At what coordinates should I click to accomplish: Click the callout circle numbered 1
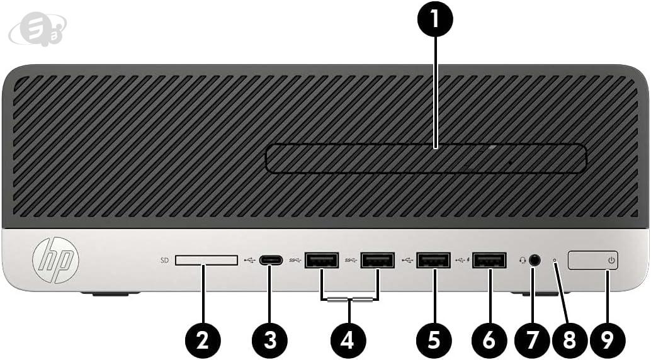click(434, 19)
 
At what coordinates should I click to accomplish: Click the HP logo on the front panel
click(55, 261)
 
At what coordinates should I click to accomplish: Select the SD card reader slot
click(207, 261)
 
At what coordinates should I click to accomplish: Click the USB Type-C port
click(271, 261)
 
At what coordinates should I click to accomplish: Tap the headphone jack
click(536, 261)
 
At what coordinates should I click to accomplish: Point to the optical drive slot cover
click(426, 158)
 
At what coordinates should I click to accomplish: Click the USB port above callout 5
click(434, 261)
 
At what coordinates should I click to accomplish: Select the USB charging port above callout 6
click(489, 261)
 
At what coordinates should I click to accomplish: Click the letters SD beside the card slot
click(164, 261)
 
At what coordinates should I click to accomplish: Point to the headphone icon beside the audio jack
click(523, 261)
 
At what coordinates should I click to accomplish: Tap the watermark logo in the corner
click(37, 28)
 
